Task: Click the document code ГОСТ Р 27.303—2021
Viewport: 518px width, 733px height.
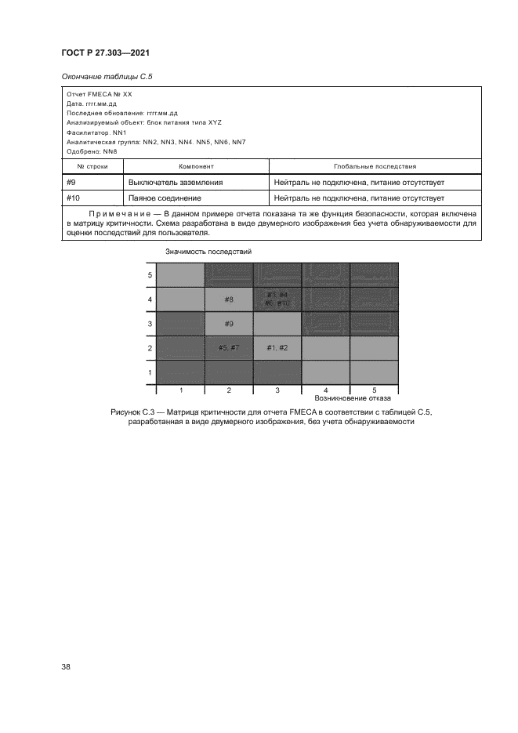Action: coord(105,53)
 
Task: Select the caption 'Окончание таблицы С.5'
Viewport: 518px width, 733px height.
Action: coord(102,76)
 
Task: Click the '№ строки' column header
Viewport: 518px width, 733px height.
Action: coord(92,167)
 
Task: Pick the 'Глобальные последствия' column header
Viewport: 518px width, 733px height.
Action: coord(375,167)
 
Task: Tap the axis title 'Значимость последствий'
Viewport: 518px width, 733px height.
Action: coord(208,251)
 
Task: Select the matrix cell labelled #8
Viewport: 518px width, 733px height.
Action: coord(229,299)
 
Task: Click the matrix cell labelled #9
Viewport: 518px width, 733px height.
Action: coord(229,323)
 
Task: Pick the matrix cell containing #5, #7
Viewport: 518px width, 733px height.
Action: coord(229,347)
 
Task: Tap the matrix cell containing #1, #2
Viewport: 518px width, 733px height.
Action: coord(277,347)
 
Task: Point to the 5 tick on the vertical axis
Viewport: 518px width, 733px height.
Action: coord(150,275)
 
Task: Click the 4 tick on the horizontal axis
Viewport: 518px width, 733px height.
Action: coord(325,390)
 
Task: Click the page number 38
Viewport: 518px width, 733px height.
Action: coord(66,667)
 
